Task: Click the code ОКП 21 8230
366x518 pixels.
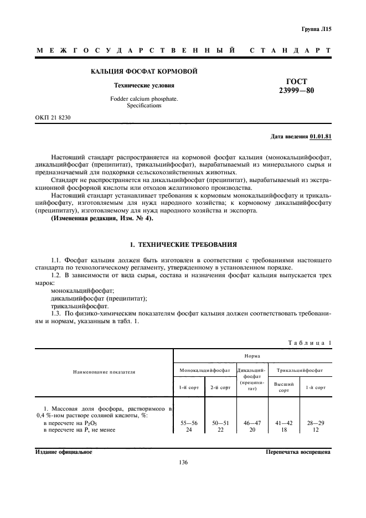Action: [53, 118]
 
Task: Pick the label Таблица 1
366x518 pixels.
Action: [309, 343]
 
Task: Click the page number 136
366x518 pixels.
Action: [183, 463]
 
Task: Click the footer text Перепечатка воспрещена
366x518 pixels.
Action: [298, 451]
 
